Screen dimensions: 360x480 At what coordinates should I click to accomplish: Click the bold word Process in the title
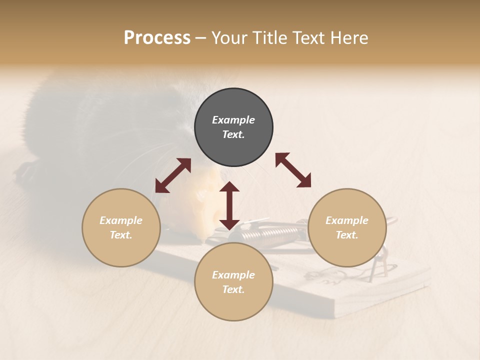[x=157, y=38]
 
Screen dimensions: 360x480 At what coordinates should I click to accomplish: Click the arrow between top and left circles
[x=173, y=175]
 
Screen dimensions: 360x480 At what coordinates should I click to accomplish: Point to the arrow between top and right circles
[x=293, y=170]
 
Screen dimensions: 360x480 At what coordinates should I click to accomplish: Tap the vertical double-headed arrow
[x=229, y=205]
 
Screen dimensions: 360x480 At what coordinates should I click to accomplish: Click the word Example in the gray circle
[x=233, y=120]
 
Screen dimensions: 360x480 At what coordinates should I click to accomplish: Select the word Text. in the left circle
[x=121, y=235]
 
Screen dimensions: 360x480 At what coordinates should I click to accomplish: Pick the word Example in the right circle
[x=347, y=220]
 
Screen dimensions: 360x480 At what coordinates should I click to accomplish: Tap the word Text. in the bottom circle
[x=233, y=289]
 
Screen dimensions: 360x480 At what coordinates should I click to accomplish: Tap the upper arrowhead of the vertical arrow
[x=229, y=187]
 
